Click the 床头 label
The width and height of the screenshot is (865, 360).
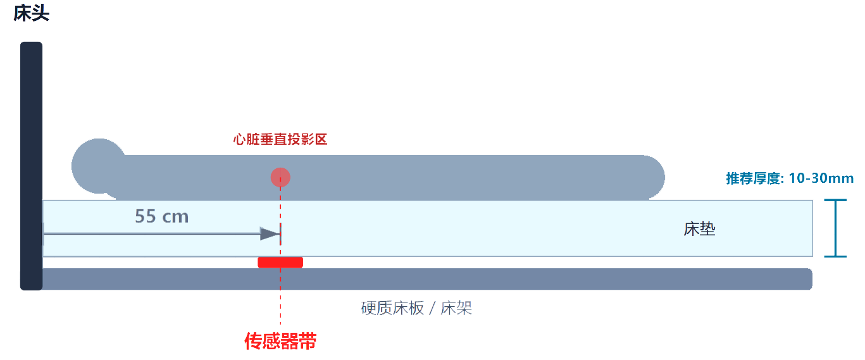(x=31, y=13)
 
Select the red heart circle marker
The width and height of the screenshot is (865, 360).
(x=280, y=178)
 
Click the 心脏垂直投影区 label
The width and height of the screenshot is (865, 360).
(x=280, y=140)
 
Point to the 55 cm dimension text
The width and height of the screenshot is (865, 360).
(x=162, y=216)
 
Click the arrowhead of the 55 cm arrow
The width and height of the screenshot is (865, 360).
(x=270, y=234)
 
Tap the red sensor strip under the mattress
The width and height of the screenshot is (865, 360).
(x=280, y=262)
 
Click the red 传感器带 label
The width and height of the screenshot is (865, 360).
(x=280, y=342)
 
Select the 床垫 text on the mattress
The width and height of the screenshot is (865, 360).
(x=699, y=229)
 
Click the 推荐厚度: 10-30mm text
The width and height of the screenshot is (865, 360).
(x=790, y=178)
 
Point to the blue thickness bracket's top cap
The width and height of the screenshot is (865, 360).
(x=835, y=201)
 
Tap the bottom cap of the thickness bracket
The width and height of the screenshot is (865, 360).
(x=835, y=256)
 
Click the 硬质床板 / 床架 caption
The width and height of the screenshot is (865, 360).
(x=416, y=309)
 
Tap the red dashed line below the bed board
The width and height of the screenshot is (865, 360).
(x=280, y=310)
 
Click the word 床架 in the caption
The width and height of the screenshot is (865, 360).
(x=456, y=309)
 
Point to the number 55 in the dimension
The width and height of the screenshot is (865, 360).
(x=145, y=216)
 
